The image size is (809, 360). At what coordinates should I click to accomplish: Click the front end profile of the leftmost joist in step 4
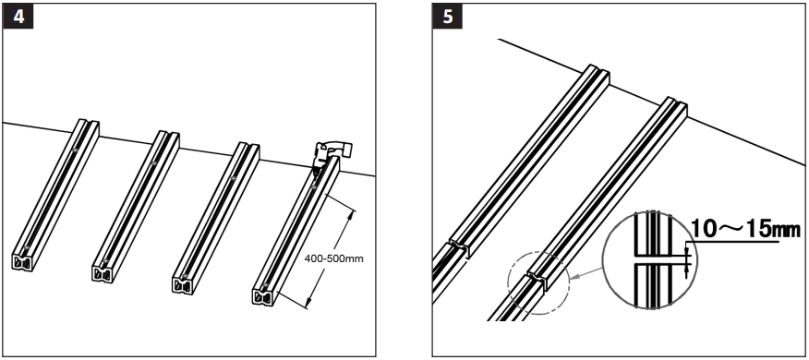point(25,262)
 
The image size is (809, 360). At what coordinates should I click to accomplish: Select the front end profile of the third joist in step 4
point(183,283)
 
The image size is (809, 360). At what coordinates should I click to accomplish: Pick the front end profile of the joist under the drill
point(264,295)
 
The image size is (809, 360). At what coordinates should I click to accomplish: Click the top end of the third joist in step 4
point(246,147)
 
